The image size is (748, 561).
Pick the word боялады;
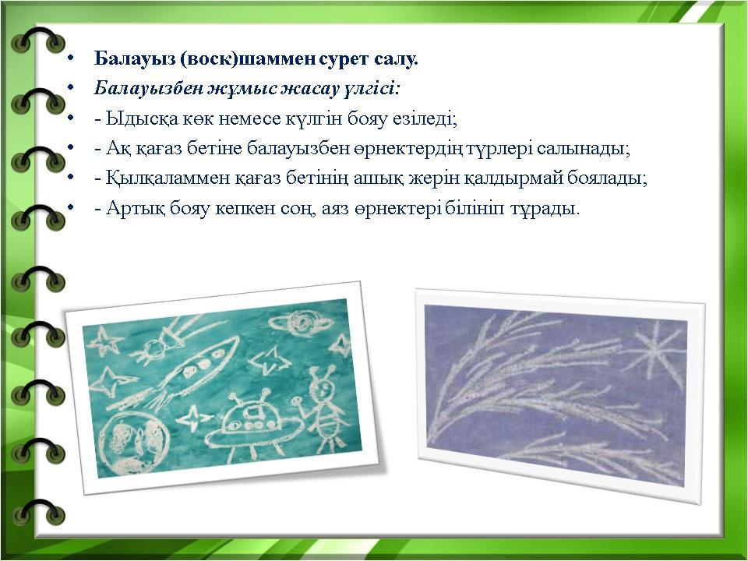pyautogui.click(x=607, y=178)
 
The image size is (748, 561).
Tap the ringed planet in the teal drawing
pyautogui.click(x=301, y=323)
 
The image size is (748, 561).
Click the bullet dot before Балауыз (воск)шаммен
pyautogui.click(x=71, y=58)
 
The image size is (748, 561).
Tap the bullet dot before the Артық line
pyautogui.click(x=71, y=209)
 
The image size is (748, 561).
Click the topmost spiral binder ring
pyautogui.click(x=38, y=40)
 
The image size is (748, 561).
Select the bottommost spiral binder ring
pyautogui.click(x=38, y=511)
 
